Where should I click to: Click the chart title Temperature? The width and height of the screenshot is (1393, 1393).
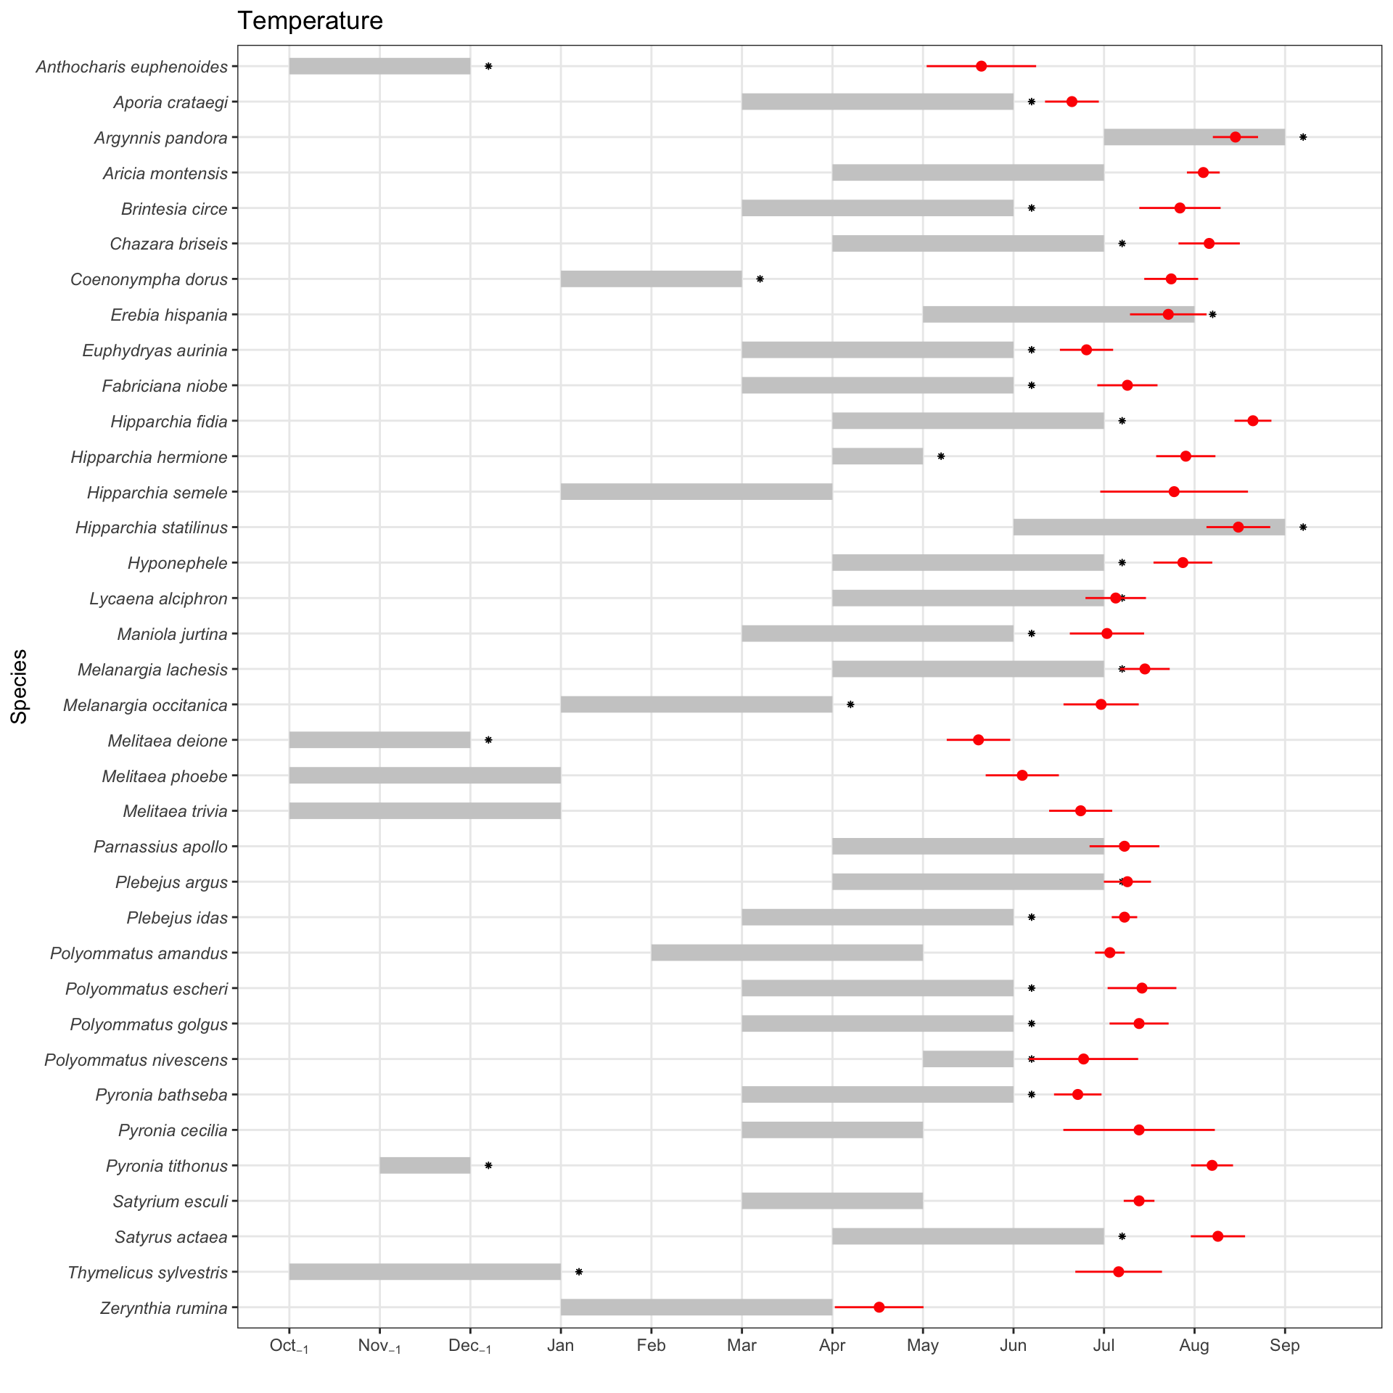click(310, 21)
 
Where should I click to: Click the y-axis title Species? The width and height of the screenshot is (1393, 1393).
click(20, 686)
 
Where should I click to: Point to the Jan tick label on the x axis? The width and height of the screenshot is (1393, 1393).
click(560, 1346)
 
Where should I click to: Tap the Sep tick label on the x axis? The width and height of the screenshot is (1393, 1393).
click(1284, 1346)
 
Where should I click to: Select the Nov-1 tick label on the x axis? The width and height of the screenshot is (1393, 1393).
click(379, 1347)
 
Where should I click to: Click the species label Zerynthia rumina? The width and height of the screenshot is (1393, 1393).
click(163, 1308)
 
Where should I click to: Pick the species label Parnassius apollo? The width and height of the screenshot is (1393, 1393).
click(160, 847)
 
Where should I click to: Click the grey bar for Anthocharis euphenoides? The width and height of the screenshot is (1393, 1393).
click(379, 66)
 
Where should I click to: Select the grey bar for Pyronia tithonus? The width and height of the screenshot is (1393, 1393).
click(424, 1165)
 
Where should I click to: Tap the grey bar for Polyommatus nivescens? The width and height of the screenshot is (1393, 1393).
click(968, 1059)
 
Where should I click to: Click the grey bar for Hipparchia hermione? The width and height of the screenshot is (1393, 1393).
click(877, 456)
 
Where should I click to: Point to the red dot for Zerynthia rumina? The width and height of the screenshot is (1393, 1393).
click(879, 1307)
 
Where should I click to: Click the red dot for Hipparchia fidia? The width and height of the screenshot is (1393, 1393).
click(1252, 421)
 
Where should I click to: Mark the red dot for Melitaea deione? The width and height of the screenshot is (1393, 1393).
click(978, 740)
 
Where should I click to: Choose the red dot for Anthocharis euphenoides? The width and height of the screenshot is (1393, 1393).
click(981, 66)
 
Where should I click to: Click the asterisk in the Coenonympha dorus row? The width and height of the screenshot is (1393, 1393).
click(760, 279)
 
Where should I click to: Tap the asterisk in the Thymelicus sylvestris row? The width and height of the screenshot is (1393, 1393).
click(579, 1272)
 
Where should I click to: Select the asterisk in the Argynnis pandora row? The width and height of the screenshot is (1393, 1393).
click(1303, 137)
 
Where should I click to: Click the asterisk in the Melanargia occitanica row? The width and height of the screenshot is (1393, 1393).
click(850, 704)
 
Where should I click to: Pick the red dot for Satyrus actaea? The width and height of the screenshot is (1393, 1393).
click(1217, 1236)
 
